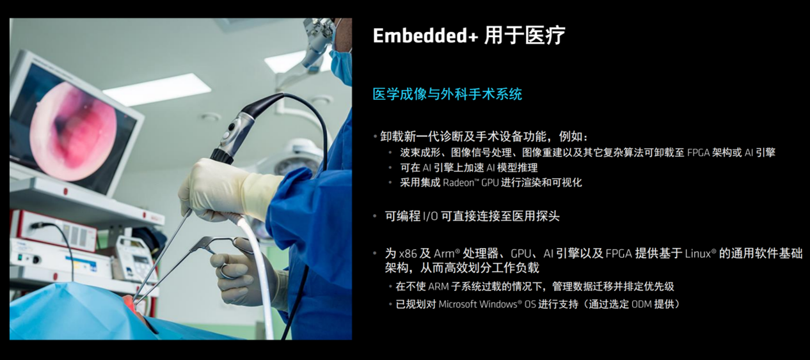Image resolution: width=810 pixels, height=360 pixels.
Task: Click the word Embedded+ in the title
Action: [425, 36]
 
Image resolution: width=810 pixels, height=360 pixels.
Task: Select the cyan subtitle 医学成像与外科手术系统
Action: [447, 95]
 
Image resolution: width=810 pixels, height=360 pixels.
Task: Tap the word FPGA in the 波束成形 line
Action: [698, 153]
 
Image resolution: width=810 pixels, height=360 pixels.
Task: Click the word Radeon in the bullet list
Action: [459, 182]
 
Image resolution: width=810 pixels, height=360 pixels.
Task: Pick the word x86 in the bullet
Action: [408, 254]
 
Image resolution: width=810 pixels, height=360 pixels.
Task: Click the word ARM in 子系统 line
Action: [438, 286]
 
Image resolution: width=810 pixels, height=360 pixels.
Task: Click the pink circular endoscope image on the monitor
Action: [74, 131]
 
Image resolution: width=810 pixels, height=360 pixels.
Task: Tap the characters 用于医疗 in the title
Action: [525, 36]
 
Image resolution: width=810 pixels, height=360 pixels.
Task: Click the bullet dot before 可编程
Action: [375, 217]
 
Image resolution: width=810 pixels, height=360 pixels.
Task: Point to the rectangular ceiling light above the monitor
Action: [157, 90]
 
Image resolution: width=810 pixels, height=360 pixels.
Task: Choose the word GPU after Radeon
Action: [490, 182]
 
